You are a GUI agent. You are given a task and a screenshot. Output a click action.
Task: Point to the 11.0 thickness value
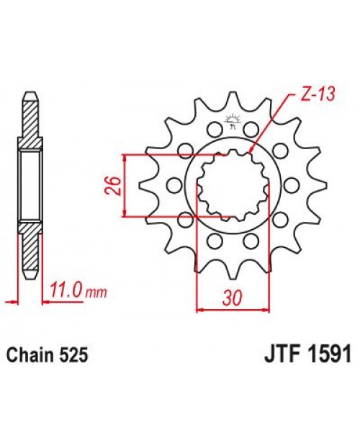click(x=66, y=292)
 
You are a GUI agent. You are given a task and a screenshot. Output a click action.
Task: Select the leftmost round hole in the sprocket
click(x=173, y=185)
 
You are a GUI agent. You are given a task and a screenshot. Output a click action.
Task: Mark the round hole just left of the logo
click(x=213, y=130)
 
